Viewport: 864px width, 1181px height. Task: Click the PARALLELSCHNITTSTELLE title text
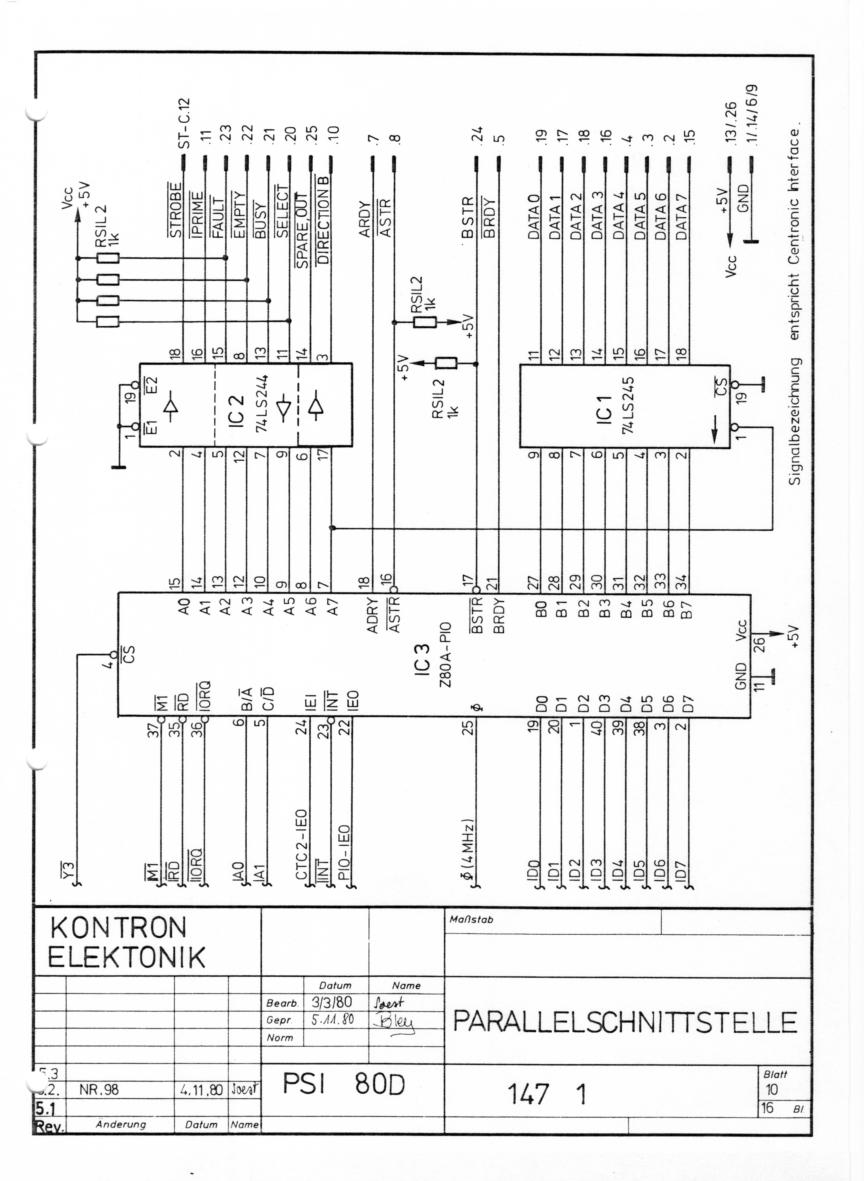point(625,1022)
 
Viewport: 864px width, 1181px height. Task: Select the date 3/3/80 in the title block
point(331,1002)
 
